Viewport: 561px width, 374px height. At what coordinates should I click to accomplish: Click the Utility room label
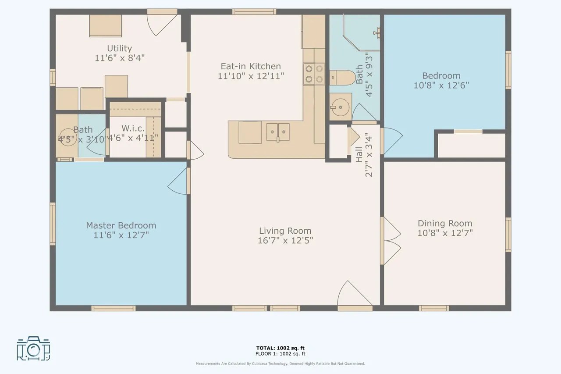point(119,48)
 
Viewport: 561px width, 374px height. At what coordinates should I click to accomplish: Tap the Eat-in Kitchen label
point(251,66)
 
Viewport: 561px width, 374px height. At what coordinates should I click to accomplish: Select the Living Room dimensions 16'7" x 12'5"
point(285,241)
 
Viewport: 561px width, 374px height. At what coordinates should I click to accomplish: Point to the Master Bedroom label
point(121,225)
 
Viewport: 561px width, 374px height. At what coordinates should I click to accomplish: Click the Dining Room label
point(445,223)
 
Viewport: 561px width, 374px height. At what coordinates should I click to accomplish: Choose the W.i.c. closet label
point(133,128)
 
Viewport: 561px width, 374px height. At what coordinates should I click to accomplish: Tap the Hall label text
point(359,154)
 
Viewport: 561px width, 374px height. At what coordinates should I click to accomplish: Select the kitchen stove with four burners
point(314,74)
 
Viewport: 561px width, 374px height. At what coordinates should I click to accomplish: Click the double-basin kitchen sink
point(278,131)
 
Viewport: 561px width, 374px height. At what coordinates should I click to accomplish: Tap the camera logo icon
point(33,349)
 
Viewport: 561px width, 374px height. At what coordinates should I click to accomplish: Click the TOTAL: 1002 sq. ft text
point(280,348)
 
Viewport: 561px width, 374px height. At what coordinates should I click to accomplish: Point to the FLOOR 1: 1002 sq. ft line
point(280,354)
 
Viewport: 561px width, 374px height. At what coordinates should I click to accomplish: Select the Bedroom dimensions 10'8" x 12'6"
point(441,85)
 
